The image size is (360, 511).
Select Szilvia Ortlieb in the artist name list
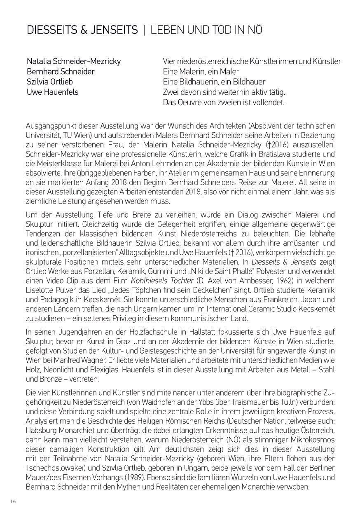[x=50, y=82]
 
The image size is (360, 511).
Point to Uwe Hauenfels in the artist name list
[x=52, y=92]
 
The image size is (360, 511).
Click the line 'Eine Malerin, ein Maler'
[x=201, y=72]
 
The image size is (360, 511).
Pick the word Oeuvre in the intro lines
[x=190, y=102]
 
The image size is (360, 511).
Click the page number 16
[x=13, y=501]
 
